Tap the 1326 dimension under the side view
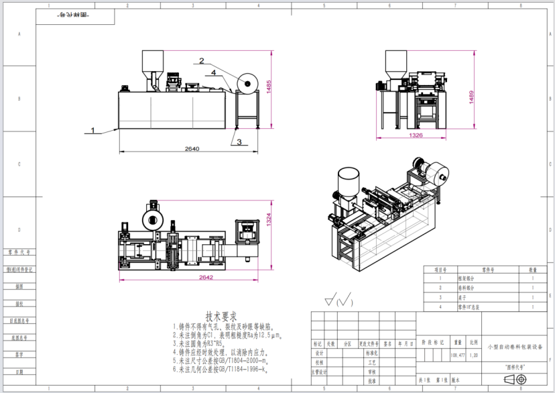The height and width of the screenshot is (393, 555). tap(416, 135)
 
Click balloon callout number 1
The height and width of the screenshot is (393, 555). tap(94, 129)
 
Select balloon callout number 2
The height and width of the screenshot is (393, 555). tap(201, 61)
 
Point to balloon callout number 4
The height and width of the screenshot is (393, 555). tap(213, 72)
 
